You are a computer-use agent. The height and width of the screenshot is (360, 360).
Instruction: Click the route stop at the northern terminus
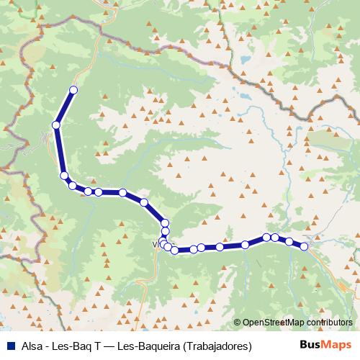click(x=73, y=90)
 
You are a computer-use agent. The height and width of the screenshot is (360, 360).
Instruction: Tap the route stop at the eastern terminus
click(x=304, y=247)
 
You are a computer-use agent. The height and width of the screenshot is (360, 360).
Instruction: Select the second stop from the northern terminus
click(x=55, y=125)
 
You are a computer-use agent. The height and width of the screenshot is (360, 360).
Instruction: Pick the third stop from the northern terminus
click(x=64, y=176)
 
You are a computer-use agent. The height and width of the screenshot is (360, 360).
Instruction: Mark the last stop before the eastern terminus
click(x=289, y=241)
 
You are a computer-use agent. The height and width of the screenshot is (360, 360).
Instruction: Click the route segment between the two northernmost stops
click(x=64, y=108)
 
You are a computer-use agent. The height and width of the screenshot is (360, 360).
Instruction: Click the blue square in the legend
click(x=8, y=346)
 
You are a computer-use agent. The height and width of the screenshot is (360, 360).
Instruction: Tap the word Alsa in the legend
click(x=30, y=346)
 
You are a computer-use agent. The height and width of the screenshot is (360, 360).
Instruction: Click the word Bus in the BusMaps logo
click(x=310, y=345)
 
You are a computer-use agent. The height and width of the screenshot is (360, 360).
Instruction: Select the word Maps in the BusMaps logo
click(x=337, y=345)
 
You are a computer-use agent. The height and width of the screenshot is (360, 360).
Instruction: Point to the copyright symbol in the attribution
click(x=238, y=323)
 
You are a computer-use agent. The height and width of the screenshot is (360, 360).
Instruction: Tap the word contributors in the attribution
click(x=330, y=323)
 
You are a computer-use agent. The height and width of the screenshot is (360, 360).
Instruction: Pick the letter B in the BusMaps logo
click(x=302, y=345)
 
